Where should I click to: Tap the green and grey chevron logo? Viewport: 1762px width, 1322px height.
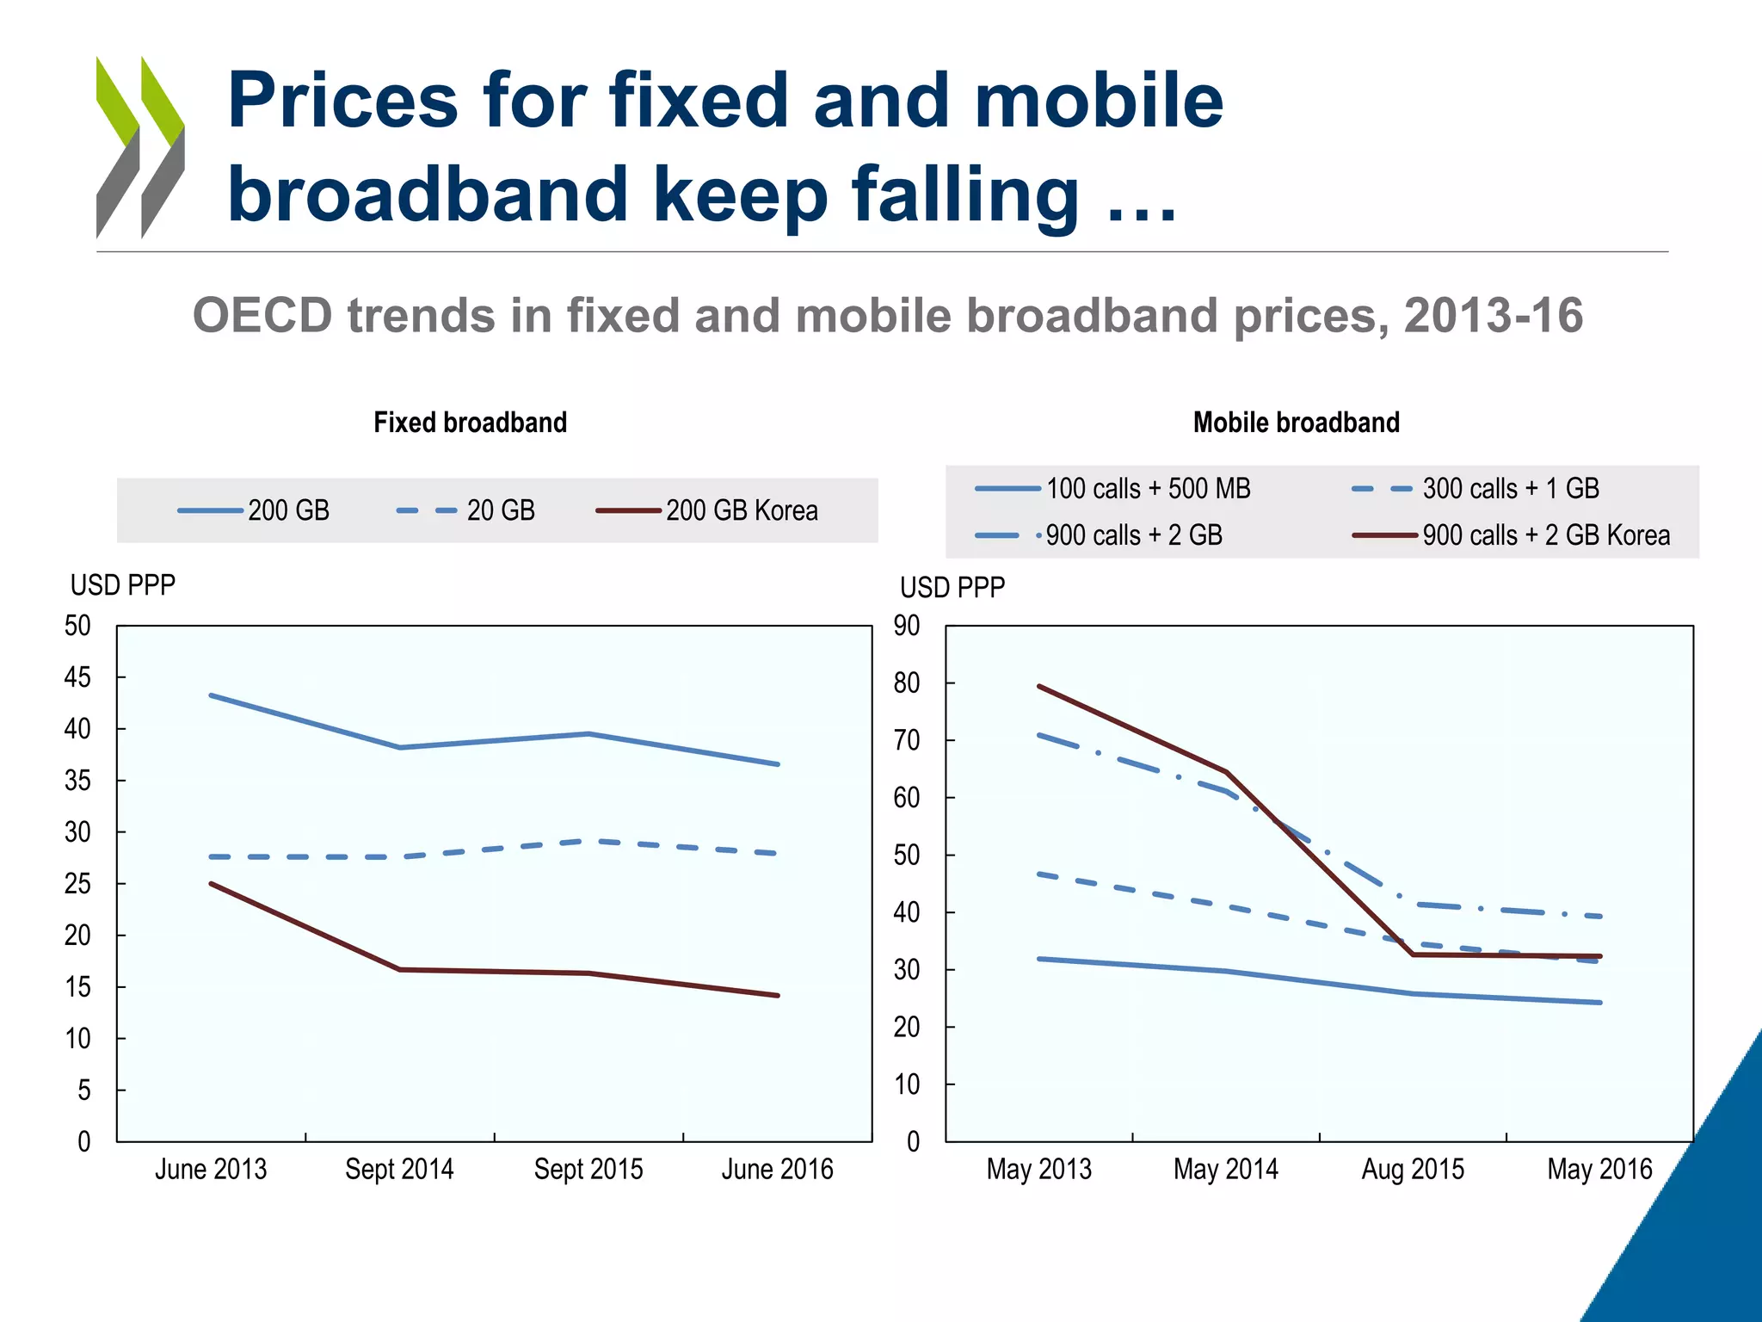click(140, 146)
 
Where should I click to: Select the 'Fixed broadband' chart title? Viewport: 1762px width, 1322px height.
click(470, 423)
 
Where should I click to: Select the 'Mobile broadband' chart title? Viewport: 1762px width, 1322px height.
click(1296, 423)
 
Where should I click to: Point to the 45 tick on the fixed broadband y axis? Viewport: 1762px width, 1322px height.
click(77, 678)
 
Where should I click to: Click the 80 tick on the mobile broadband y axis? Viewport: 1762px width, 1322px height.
click(907, 683)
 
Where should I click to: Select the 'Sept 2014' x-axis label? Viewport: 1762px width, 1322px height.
click(399, 1170)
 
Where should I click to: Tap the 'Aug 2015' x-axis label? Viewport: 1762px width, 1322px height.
click(1412, 1170)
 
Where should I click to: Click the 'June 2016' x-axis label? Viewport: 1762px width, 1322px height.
click(777, 1170)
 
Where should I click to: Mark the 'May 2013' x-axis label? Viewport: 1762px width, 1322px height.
click(1038, 1170)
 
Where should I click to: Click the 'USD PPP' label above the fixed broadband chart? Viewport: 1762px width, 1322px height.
click(122, 585)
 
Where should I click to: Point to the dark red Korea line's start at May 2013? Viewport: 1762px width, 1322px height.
click(1039, 686)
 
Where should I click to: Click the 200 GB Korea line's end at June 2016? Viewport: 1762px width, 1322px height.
click(777, 996)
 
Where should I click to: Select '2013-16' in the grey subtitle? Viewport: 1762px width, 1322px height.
click(1493, 315)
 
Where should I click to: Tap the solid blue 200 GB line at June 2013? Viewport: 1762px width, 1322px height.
click(212, 695)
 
